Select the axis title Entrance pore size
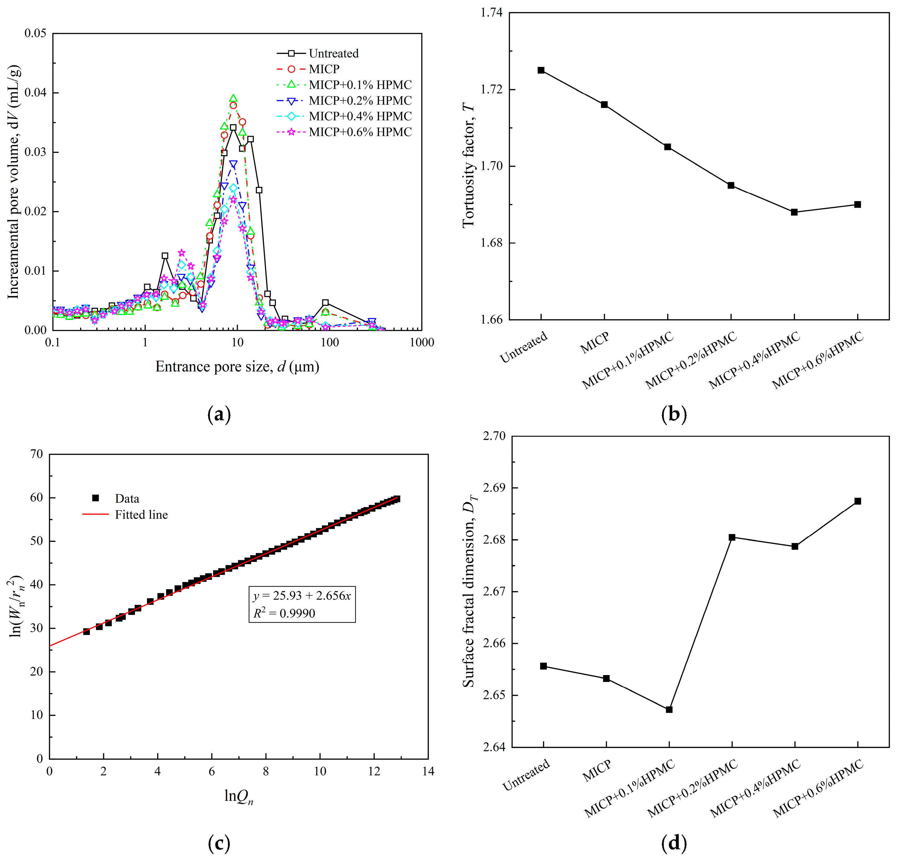[x=237, y=367]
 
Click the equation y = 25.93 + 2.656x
[x=302, y=595]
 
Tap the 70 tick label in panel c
[x=36, y=454]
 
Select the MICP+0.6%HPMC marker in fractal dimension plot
[x=857, y=501]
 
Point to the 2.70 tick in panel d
[x=494, y=436]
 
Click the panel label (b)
[x=674, y=414]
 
